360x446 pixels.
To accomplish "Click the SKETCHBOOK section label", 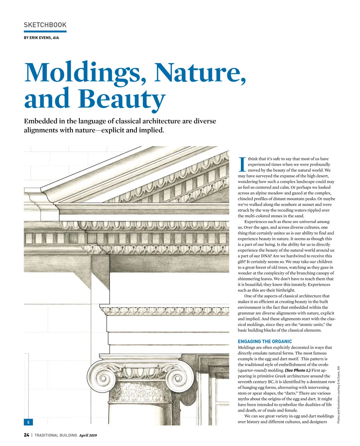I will tap(45, 25).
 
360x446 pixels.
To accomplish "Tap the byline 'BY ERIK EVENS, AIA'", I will tap(41, 38).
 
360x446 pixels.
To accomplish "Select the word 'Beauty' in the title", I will tap(122, 99).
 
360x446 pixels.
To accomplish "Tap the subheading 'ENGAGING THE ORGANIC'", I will tap(265, 342).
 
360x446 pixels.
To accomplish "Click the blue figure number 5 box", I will tap(28, 422).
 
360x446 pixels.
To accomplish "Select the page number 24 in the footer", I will tap(26, 435).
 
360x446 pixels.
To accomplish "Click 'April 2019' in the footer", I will tap(88, 435).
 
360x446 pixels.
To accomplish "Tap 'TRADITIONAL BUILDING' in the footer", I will tap(56, 435).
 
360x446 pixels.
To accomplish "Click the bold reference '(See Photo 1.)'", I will tap(298, 370).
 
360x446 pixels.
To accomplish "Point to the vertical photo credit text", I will tap(338, 395).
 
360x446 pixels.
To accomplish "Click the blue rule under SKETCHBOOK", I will tap(45, 31).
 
